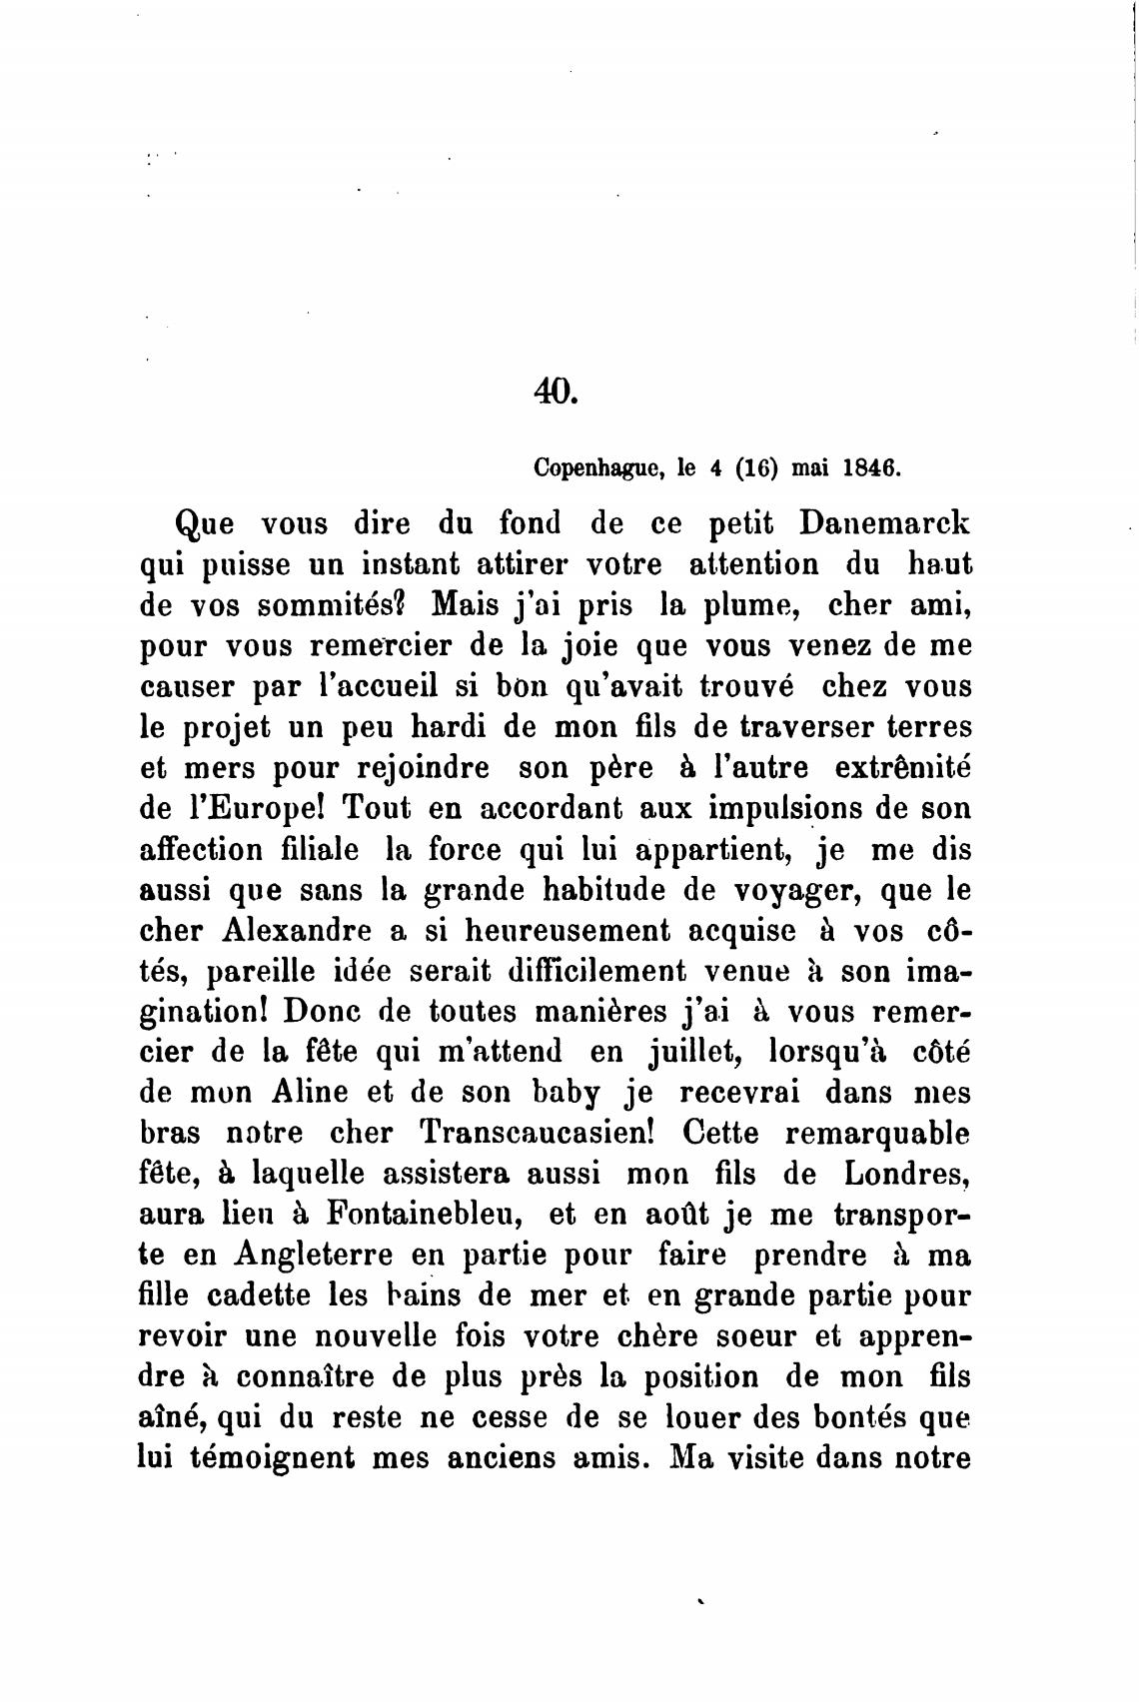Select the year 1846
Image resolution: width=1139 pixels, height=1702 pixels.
pyautogui.click(x=872, y=466)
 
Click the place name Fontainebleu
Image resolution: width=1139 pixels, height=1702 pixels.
pyautogui.click(x=420, y=1215)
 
